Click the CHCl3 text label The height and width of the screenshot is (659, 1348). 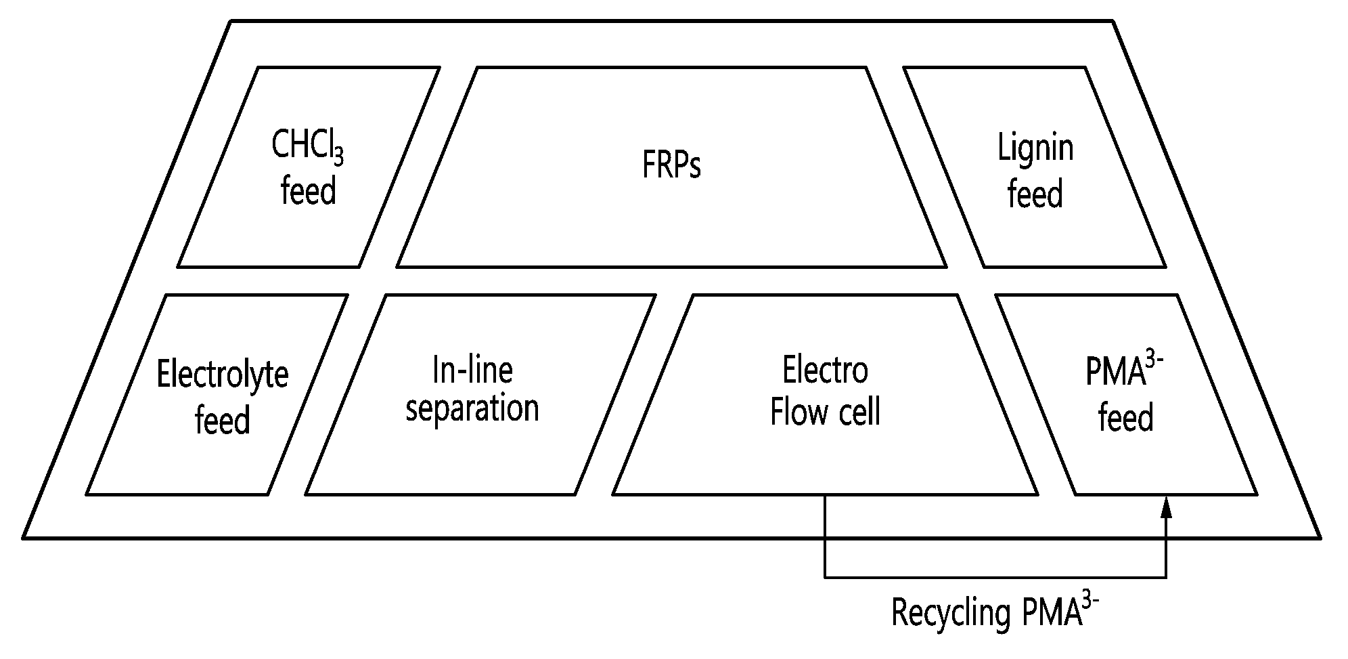(308, 145)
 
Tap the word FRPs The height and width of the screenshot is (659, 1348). (671, 165)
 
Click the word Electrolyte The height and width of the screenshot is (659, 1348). (223, 375)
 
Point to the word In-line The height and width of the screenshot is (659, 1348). (472, 370)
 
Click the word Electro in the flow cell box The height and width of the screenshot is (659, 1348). (825, 370)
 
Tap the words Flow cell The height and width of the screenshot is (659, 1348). (825, 411)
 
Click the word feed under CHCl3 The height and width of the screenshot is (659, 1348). (308, 190)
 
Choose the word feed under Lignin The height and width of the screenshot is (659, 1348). (1035, 194)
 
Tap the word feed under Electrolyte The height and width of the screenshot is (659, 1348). (223, 419)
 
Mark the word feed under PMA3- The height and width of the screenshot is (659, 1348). (1126, 417)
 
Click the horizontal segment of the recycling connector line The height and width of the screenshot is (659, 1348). (995, 578)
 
